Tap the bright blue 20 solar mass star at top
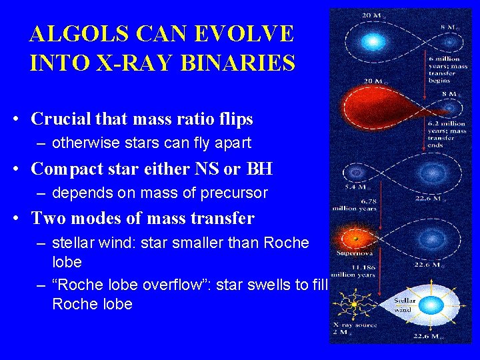[x=373, y=41]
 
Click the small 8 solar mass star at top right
[x=451, y=42]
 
